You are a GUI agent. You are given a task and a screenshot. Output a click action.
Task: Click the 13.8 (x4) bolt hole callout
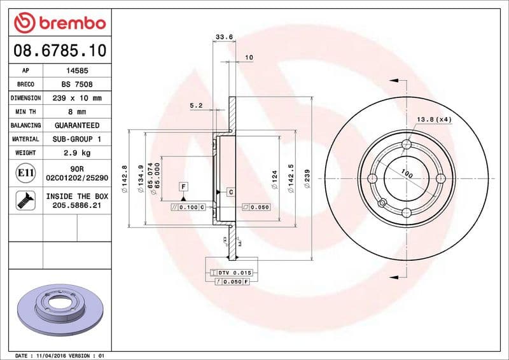(434, 119)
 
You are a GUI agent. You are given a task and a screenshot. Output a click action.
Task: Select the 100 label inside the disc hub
(407, 174)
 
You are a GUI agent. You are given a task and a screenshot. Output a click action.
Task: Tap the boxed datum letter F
(183, 186)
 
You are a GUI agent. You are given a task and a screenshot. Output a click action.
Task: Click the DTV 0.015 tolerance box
(232, 272)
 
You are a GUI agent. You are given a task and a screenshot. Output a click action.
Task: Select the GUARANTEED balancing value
(76, 125)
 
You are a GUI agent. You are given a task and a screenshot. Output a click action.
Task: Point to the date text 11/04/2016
(50, 355)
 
